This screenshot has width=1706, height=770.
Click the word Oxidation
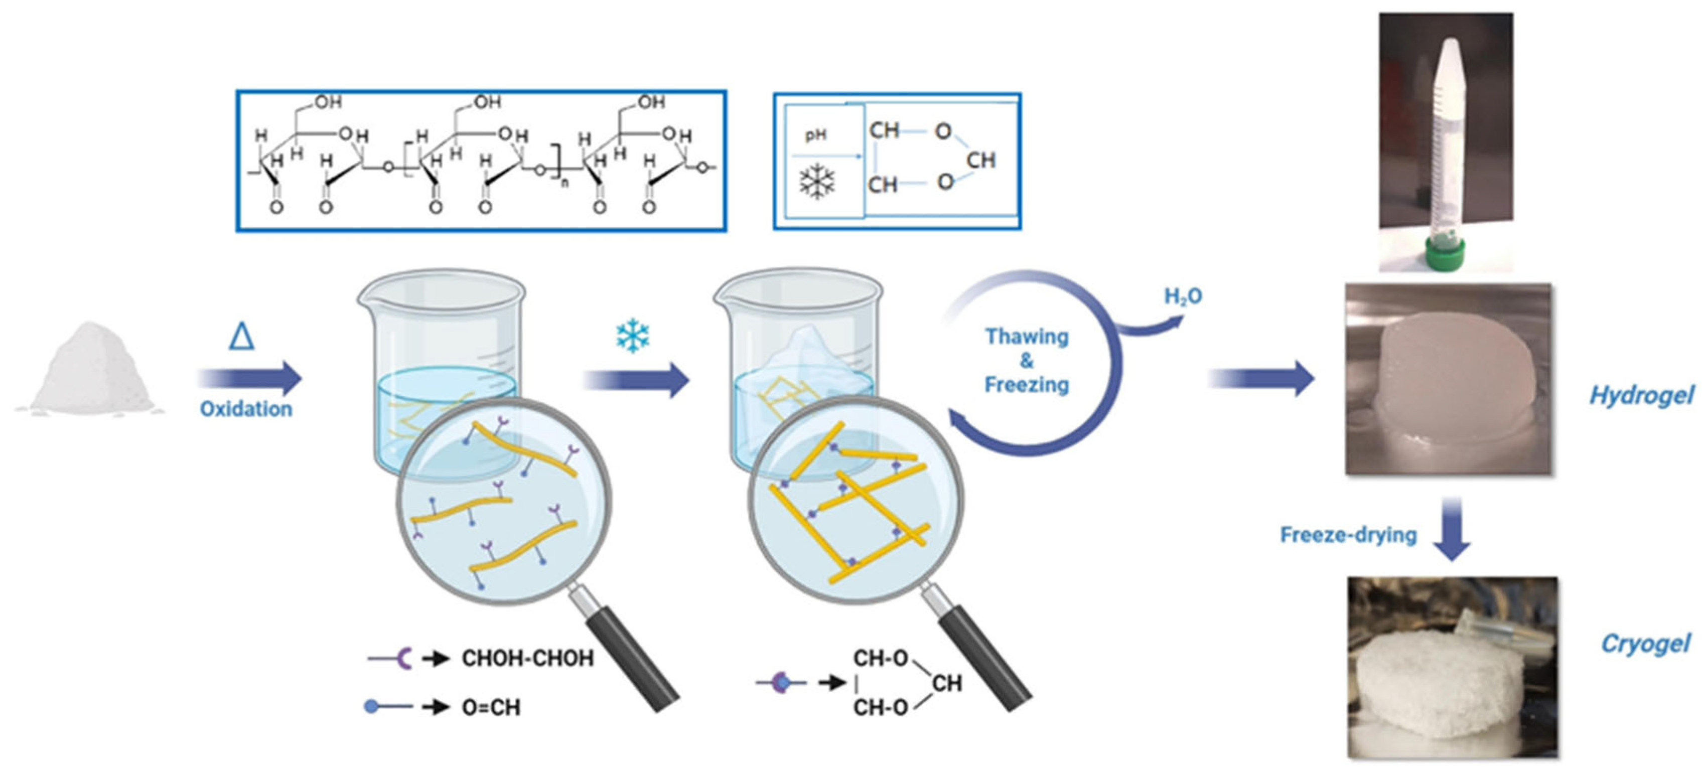[246, 409]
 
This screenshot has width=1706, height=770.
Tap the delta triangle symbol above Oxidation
[242, 336]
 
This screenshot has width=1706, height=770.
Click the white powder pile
[90, 371]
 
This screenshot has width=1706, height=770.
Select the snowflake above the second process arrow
[632, 336]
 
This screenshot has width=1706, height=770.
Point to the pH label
[816, 135]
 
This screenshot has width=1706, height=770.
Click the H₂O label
[1183, 296]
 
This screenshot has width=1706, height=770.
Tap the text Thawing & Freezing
[1027, 360]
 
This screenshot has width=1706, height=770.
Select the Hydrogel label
[1642, 395]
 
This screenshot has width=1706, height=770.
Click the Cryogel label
[1645, 644]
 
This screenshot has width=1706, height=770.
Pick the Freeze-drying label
[1348, 535]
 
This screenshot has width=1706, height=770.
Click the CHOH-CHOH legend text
[527, 659]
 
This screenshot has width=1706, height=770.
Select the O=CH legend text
[491, 708]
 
